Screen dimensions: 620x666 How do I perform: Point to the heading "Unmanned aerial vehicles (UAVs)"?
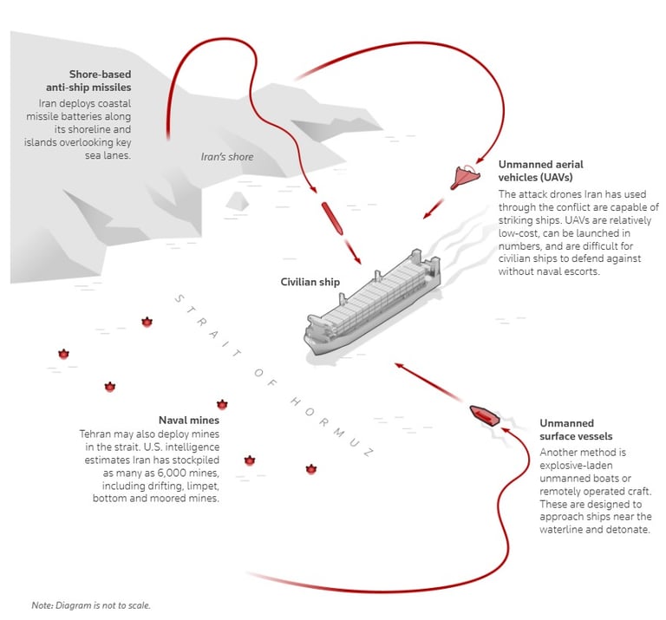540,170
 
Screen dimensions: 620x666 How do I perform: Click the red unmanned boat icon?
482,414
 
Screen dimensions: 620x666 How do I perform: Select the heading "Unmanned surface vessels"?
576,430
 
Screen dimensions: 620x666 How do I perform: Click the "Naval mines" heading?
188,420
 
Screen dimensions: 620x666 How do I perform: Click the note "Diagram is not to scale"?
96,604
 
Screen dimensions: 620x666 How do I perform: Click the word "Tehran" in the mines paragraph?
97,434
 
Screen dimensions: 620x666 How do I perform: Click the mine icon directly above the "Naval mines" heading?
222,404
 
